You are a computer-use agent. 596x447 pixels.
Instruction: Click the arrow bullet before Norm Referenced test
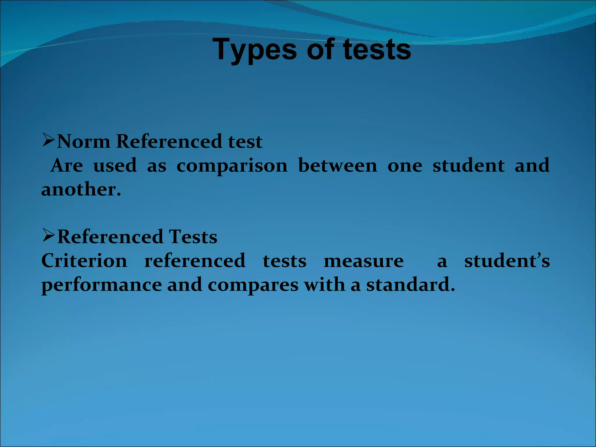[49, 140]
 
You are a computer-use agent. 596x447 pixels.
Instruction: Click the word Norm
[84, 142]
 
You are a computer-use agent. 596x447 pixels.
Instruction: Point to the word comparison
[232, 166]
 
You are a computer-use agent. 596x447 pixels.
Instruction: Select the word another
[81, 190]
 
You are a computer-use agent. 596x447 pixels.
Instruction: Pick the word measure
[364, 261]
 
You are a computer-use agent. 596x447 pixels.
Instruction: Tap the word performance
[102, 285]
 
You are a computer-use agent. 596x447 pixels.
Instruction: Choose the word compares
[253, 285]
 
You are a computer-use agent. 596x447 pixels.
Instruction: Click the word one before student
[405, 166]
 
